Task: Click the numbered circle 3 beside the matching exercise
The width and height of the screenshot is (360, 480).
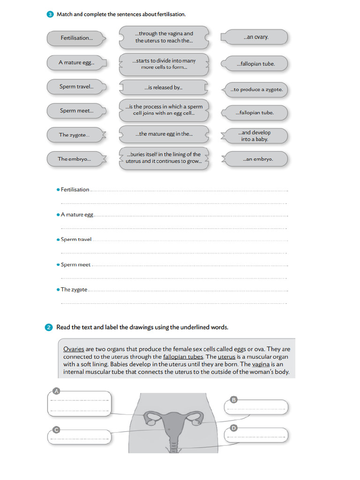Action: [x=50, y=15]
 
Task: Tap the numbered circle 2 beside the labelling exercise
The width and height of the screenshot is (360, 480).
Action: [x=50, y=327]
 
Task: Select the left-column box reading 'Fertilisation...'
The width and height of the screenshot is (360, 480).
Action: [x=76, y=38]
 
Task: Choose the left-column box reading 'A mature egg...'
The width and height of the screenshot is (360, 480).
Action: [x=76, y=62]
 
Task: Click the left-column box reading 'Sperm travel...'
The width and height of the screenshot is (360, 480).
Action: [x=76, y=87]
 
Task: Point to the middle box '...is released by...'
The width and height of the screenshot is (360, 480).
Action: [x=163, y=88]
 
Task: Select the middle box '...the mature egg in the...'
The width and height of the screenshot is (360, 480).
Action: [x=164, y=134]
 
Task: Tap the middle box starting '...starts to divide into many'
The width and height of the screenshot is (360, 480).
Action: [x=164, y=64]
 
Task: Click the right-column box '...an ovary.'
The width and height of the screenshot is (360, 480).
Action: [x=255, y=37]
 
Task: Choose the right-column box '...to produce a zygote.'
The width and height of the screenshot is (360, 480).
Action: [x=256, y=90]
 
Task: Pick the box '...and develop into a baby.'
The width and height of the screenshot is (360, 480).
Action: [x=256, y=136]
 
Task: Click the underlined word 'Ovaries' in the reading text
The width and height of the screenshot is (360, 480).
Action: [x=74, y=349]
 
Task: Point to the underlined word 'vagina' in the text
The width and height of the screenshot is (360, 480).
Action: [x=261, y=364]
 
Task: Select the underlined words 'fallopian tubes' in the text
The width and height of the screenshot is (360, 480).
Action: [x=183, y=357]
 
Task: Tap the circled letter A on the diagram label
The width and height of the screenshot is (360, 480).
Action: [x=56, y=390]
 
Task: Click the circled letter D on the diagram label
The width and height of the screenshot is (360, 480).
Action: [x=234, y=427]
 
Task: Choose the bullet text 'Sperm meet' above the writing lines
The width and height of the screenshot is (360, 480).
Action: [x=75, y=265]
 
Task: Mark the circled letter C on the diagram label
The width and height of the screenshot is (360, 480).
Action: [x=56, y=429]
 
